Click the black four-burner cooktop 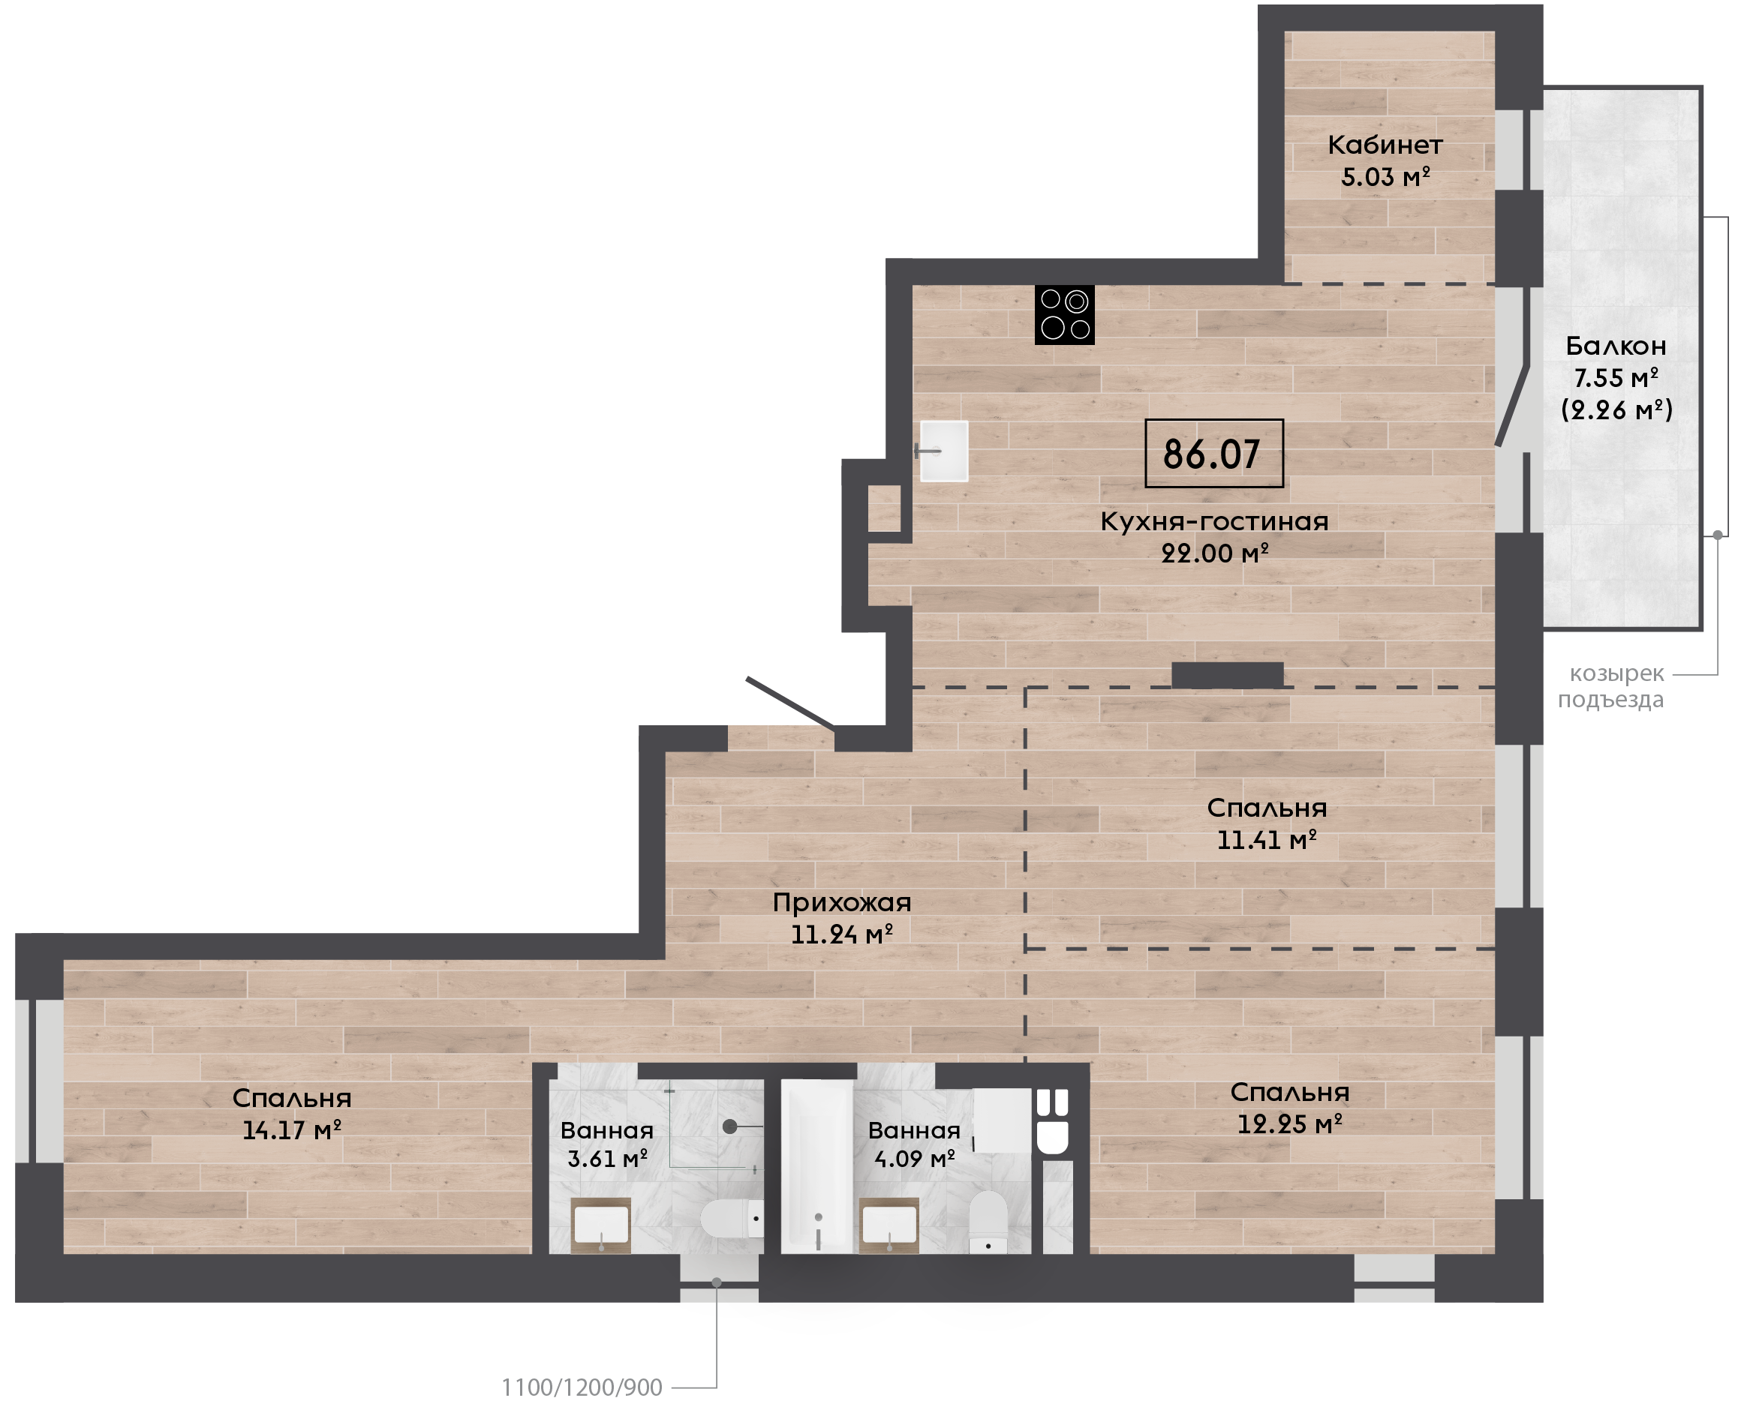click(x=1064, y=314)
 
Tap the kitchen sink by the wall click(x=944, y=451)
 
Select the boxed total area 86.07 click(x=1213, y=453)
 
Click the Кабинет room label click(x=1385, y=145)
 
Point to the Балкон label click(x=1616, y=346)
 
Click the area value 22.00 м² click(x=1214, y=553)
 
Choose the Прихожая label click(x=841, y=902)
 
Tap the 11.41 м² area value click(x=1267, y=840)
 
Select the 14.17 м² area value click(x=292, y=1129)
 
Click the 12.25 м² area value click(x=1290, y=1124)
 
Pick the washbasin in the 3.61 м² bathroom click(x=601, y=1225)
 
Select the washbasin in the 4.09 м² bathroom click(x=889, y=1225)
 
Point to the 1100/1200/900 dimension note click(x=582, y=1387)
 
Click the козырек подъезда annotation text click(x=1611, y=685)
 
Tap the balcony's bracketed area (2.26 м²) click(x=1616, y=409)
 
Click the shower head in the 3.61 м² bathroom click(x=729, y=1126)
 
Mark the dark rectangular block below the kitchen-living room click(x=1228, y=675)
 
